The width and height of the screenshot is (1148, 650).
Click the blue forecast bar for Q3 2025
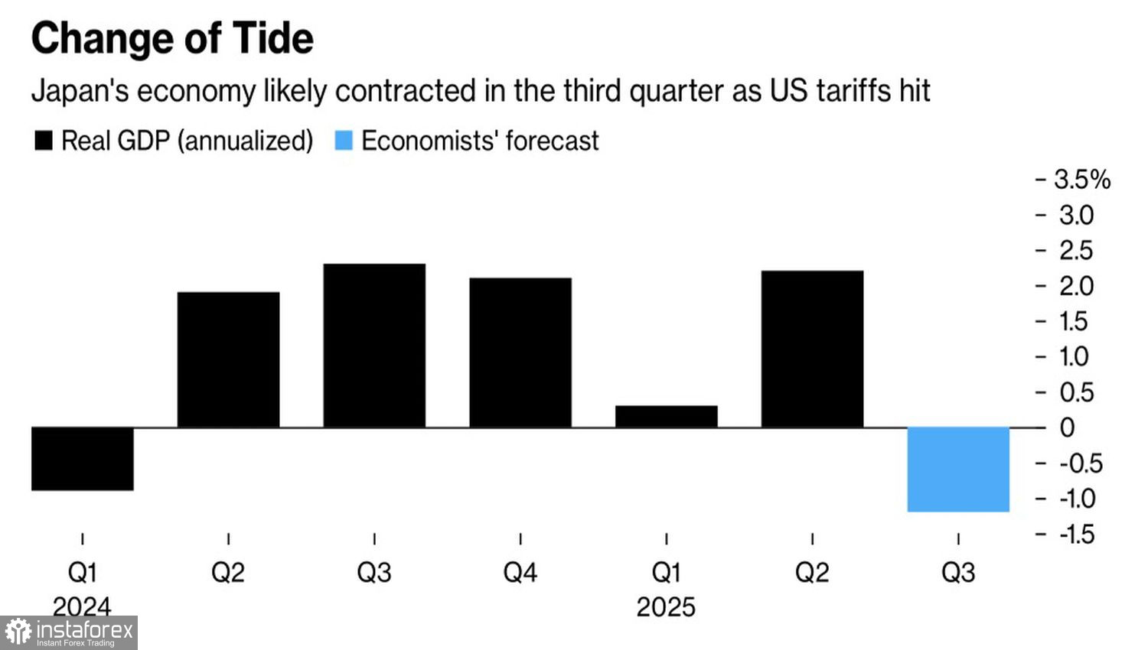point(958,469)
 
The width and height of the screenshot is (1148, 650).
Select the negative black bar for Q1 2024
point(83,458)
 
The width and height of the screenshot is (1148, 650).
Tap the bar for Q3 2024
point(374,346)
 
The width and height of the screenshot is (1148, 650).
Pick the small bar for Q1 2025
point(666,416)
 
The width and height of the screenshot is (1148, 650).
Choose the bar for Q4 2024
point(520,353)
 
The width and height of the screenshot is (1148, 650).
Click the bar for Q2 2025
point(812,349)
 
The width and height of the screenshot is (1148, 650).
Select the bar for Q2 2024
point(228,359)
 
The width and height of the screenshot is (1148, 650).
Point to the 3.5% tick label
point(1081,180)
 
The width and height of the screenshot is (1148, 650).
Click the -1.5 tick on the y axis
point(1077,534)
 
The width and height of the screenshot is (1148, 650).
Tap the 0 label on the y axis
point(1067,427)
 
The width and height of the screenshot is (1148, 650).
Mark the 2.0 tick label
point(1076,286)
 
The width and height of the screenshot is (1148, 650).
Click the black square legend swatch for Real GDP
point(44,141)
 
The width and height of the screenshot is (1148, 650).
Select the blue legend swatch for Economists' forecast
point(344,141)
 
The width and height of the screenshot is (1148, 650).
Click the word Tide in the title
point(272,38)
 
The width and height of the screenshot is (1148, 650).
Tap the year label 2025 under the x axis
point(666,607)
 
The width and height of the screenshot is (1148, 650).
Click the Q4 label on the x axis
point(520,572)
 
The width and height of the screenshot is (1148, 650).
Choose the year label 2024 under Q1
point(82,606)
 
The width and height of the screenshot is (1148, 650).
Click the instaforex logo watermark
point(69,632)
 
